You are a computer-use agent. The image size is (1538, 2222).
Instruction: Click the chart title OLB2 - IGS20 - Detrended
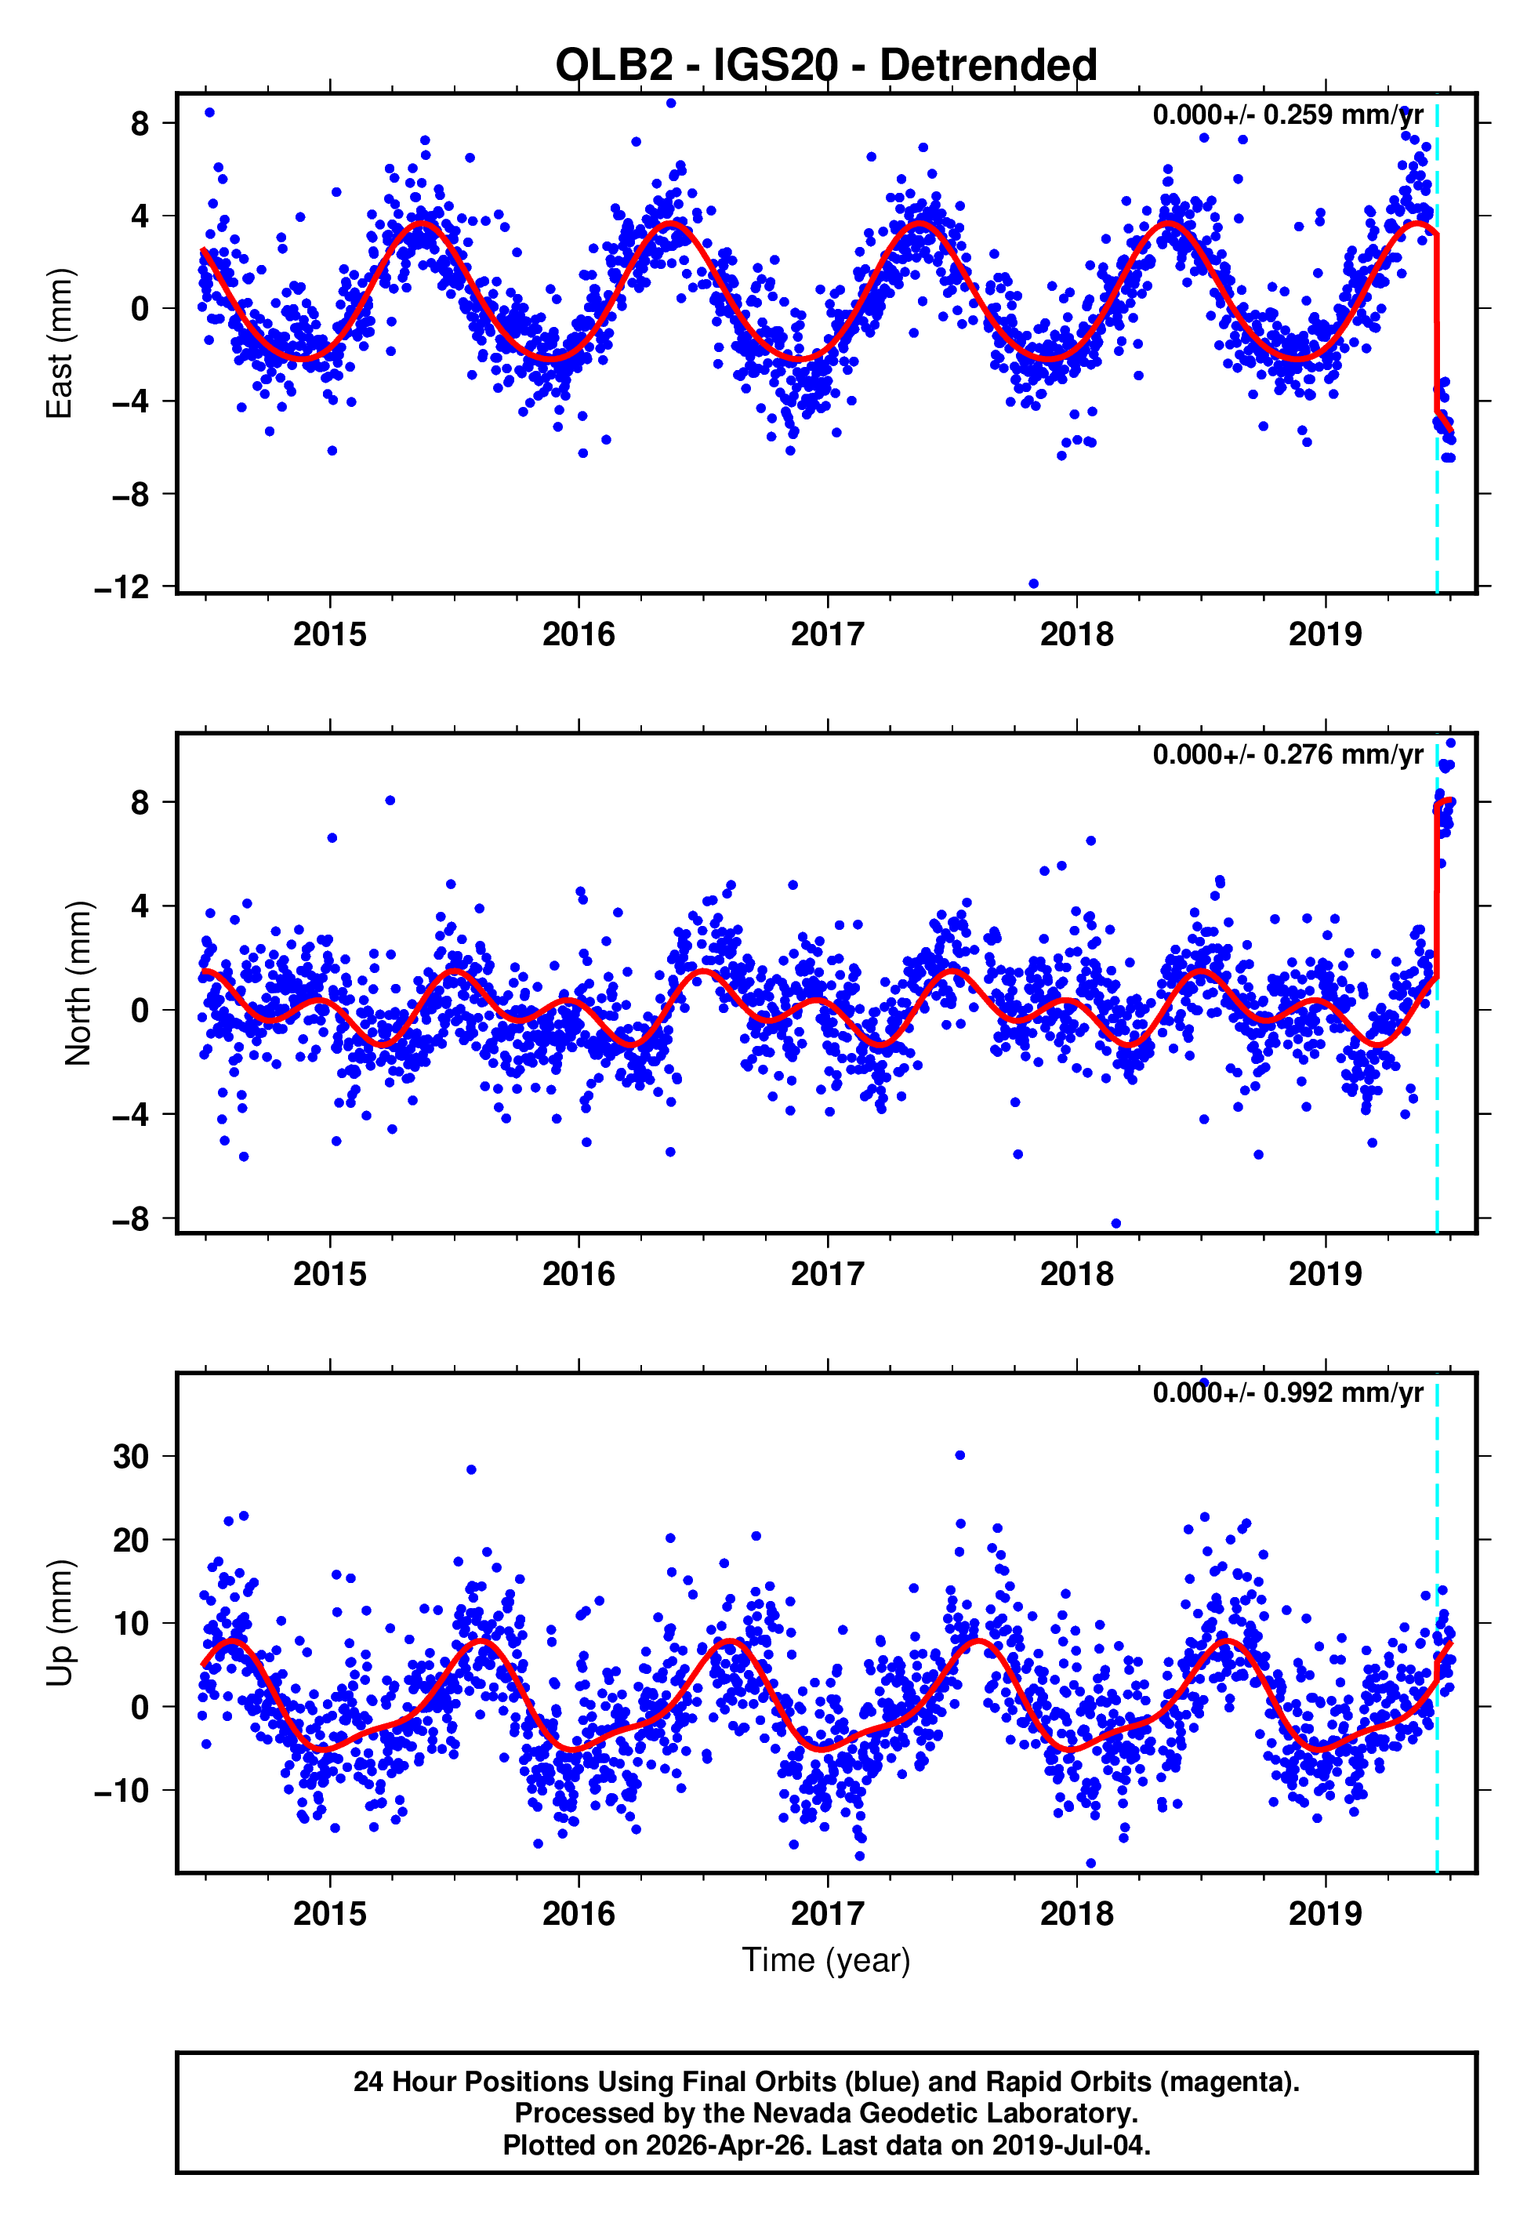(x=826, y=66)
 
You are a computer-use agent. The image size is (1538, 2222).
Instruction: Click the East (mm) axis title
(x=60, y=343)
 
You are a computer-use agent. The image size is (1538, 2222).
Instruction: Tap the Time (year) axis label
(x=826, y=1961)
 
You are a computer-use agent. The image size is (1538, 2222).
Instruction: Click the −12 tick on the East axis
(x=122, y=586)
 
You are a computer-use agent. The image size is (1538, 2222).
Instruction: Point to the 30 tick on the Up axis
(x=131, y=1457)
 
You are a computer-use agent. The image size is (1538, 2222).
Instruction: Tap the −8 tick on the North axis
(x=131, y=1219)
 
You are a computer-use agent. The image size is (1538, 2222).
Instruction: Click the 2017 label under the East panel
(x=827, y=634)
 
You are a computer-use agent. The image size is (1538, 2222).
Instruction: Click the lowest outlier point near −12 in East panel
(x=1034, y=584)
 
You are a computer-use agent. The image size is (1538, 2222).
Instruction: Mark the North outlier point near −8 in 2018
(x=1116, y=1224)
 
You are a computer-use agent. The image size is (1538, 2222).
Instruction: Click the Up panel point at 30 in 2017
(x=959, y=1455)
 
